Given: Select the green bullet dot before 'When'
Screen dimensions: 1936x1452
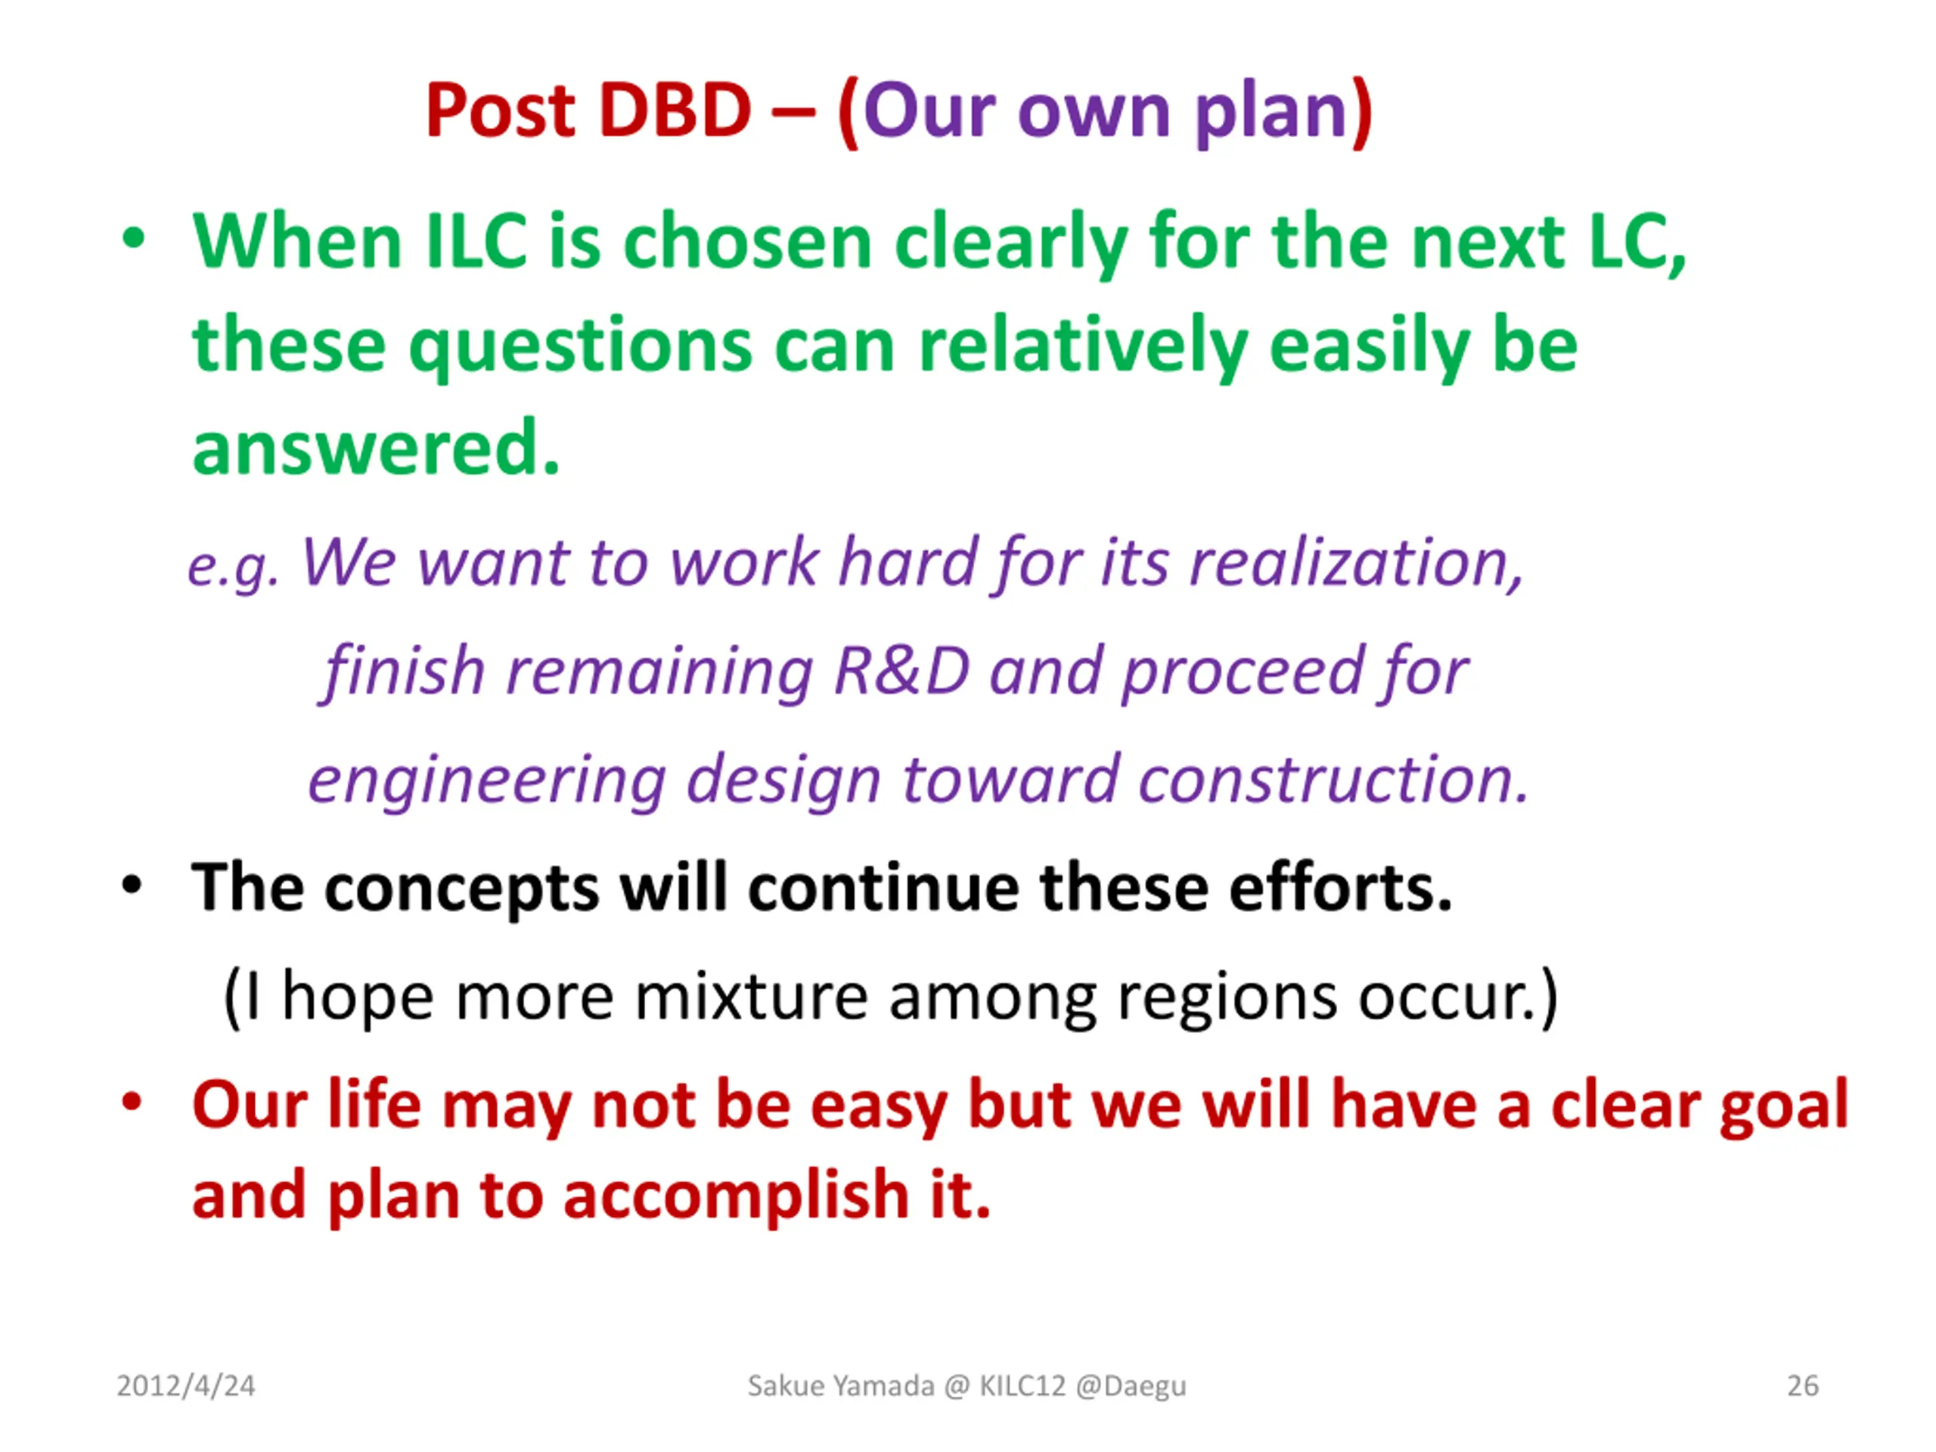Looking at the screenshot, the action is point(133,238).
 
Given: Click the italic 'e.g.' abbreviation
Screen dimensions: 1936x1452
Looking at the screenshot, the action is point(234,567).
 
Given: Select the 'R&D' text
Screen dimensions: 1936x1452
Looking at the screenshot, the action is point(901,671).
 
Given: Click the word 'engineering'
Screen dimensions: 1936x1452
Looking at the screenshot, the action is point(486,780).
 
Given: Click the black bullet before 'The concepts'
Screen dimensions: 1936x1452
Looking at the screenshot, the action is point(132,886).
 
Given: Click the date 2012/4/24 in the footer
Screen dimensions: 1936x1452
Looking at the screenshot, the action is point(185,1385).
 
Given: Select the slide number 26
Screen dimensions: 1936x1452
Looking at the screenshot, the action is point(1803,1385).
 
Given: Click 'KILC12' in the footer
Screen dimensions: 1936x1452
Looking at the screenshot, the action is point(1022,1385).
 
